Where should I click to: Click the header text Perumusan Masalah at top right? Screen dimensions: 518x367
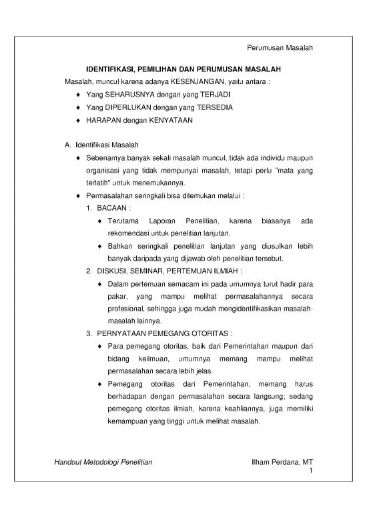280,48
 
